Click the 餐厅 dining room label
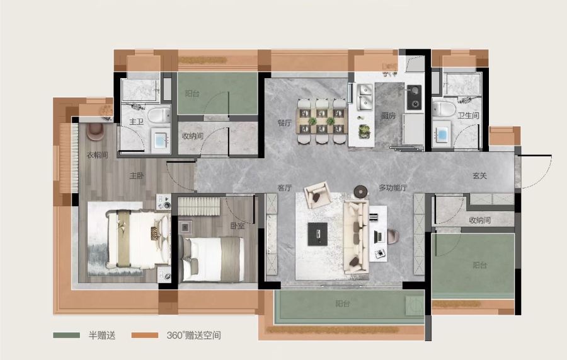point(285,123)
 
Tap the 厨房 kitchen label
point(388,116)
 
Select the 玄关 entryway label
point(480,176)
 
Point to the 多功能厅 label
point(393,188)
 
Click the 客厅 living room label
point(285,188)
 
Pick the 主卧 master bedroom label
point(137,176)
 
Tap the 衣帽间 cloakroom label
point(97,155)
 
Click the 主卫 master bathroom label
point(136,122)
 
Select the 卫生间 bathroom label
point(468,115)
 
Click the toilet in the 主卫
point(159,115)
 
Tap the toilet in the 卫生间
point(444,109)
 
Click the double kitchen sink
point(365,97)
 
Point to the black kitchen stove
point(414,97)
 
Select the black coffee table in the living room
point(318,234)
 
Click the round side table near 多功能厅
point(360,191)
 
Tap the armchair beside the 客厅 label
point(318,195)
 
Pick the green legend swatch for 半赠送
point(67,335)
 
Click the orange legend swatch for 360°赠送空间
point(145,335)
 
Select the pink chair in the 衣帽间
point(95,131)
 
